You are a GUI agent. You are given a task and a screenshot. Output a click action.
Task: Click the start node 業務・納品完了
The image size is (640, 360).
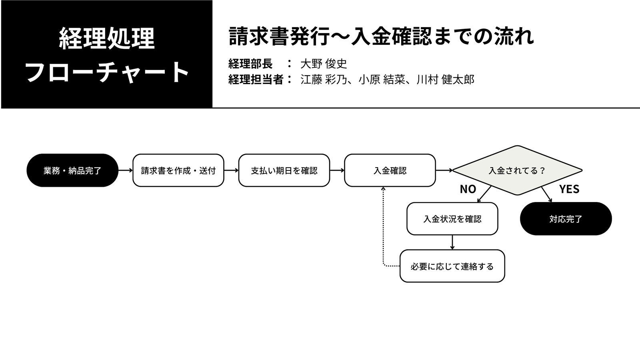72,170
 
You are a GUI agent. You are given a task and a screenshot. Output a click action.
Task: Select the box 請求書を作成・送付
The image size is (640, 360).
178,170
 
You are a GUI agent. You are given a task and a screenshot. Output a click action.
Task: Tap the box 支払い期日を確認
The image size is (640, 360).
284,170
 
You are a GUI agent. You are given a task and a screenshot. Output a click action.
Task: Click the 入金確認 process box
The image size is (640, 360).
390,170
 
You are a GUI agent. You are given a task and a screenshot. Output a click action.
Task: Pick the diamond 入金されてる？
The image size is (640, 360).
517,170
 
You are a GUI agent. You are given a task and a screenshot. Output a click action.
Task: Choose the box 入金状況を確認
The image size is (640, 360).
452,218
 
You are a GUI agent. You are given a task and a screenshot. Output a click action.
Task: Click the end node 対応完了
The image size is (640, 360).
566,218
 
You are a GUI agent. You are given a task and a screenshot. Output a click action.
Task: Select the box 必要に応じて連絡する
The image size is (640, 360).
452,266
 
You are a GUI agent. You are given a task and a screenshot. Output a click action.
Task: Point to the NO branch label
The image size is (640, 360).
468,189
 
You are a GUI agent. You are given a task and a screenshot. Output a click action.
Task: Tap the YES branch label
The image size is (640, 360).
569,189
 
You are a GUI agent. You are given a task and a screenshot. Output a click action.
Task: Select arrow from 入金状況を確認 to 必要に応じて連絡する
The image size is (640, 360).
452,242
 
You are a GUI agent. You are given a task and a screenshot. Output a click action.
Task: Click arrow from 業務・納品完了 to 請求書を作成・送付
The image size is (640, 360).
126,170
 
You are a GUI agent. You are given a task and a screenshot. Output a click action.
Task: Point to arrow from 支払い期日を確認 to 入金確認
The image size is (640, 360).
337,170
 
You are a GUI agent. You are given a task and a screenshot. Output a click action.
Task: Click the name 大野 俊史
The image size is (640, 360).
324,64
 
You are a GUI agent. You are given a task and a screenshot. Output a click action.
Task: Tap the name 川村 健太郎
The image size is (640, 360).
446,80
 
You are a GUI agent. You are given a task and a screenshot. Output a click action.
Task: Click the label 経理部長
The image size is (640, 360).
250,64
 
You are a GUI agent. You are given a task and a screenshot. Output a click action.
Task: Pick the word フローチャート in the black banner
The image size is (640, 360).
106,72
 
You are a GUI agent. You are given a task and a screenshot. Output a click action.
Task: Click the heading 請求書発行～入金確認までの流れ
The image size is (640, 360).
381,36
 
